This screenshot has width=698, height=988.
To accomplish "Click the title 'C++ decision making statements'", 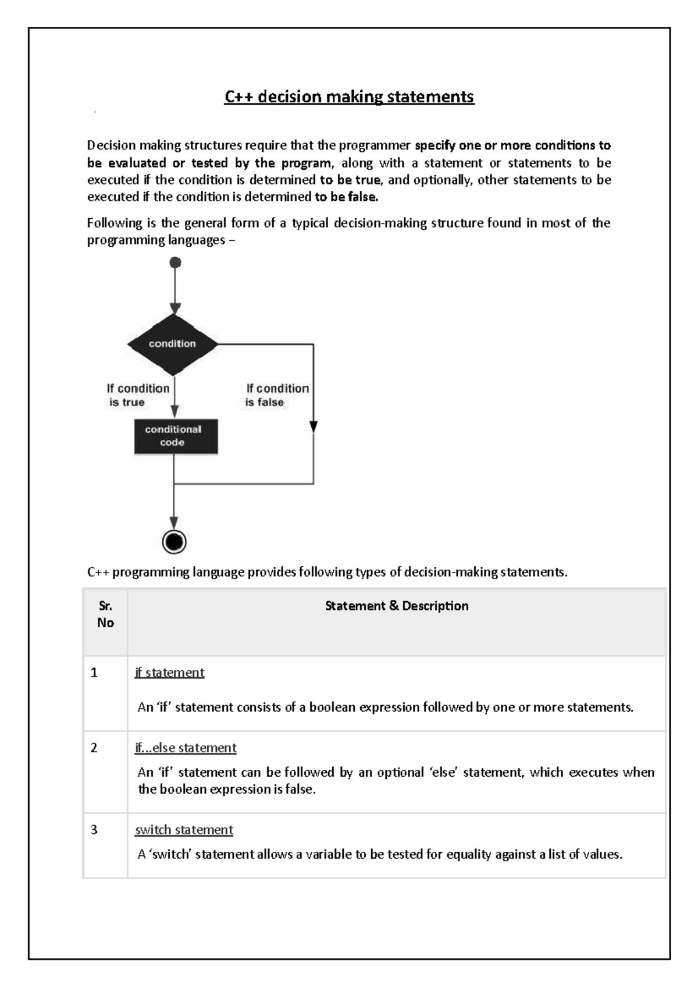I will click(x=349, y=97).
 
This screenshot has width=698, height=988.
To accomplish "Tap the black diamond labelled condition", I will click(x=173, y=344).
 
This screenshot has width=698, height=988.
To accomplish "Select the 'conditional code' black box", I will click(x=176, y=436).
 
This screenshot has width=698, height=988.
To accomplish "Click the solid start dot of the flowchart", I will click(x=175, y=262).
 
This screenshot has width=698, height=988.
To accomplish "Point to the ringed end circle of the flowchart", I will click(x=174, y=542).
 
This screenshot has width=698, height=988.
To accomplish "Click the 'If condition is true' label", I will click(x=138, y=395).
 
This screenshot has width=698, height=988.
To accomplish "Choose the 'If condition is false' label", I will click(x=277, y=395).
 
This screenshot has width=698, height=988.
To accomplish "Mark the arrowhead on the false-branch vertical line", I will click(x=314, y=427).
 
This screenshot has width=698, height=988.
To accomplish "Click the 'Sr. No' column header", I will click(x=105, y=614).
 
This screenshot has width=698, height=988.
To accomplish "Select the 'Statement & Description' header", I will click(x=397, y=606).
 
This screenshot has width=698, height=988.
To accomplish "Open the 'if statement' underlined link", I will click(x=169, y=673).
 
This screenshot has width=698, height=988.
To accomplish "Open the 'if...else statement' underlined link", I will click(x=186, y=748).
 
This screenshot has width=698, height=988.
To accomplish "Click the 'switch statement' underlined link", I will click(x=184, y=830).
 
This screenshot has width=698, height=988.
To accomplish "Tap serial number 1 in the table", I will click(x=94, y=673).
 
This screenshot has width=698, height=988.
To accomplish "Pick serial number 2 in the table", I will click(x=94, y=748).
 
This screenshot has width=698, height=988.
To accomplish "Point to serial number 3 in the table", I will click(x=94, y=830).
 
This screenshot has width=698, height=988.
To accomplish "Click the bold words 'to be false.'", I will click(x=346, y=197).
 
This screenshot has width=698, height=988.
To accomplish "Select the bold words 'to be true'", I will click(x=350, y=180).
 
